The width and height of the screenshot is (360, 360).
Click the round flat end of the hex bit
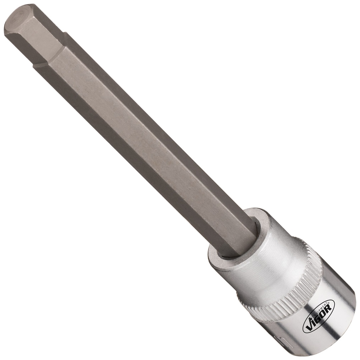tap(15, 20)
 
